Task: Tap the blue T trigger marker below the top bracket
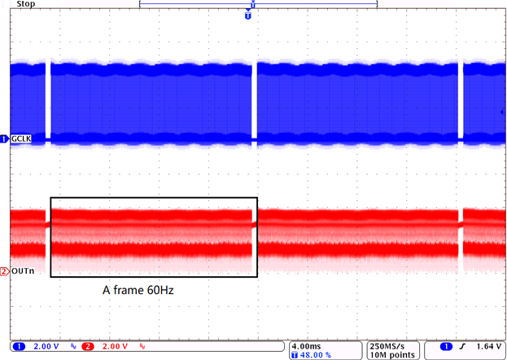pyautogui.click(x=248, y=16)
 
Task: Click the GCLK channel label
pyautogui.click(x=21, y=139)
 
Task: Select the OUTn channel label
pyautogui.click(x=22, y=271)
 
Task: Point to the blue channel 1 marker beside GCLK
pyautogui.click(x=5, y=139)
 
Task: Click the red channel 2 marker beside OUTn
pyautogui.click(x=5, y=271)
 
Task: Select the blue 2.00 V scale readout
pyautogui.click(x=39, y=346)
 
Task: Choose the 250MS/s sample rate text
pyautogui.click(x=388, y=345)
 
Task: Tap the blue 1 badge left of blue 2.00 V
pyautogui.click(x=15, y=346)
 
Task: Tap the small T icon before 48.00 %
pyautogui.click(x=295, y=354)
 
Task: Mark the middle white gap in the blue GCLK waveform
pyautogui.click(x=256, y=102)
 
